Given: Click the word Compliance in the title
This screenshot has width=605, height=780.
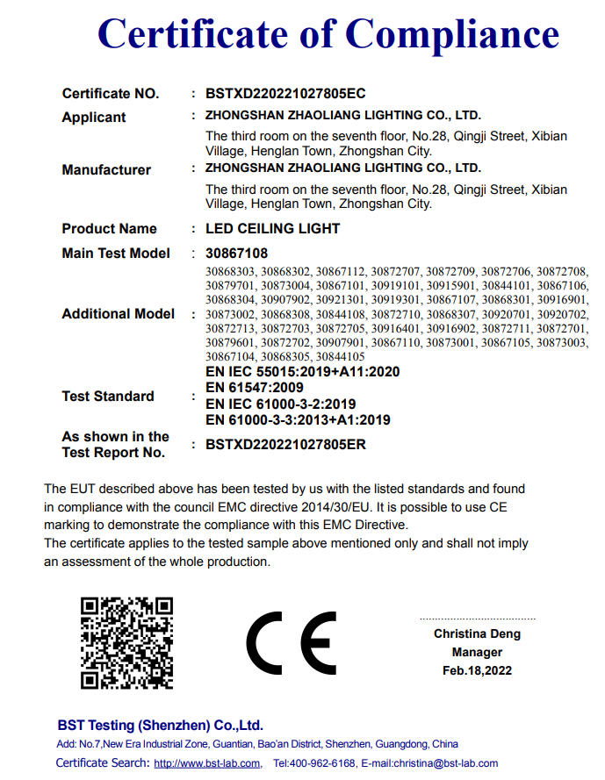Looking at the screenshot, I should click(x=451, y=34).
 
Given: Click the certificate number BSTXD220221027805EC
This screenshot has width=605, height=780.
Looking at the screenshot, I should click(x=285, y=93).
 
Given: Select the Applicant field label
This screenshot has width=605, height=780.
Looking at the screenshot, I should click(x=94, y=117).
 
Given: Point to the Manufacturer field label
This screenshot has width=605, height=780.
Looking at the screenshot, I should click(x=106, y=169).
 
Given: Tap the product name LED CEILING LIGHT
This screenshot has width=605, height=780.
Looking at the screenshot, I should click(x=272, y=228).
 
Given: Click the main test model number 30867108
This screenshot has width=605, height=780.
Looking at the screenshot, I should click(x=236, y=254).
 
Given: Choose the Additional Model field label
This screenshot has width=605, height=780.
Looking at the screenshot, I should click(x=119, y=313).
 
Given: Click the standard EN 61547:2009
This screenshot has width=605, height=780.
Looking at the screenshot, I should click(x=255, y=388).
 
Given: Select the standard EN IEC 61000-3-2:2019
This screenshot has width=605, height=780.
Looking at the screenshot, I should click(x=280, y=404).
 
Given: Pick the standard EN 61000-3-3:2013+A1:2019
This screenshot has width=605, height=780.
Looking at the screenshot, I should click(x=298, y=419).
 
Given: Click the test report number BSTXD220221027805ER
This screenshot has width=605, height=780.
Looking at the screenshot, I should click(x=285, y=444).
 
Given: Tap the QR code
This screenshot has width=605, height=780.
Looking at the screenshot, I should click(x=126, y=643).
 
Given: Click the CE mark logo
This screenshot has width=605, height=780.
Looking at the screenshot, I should click(x=291, y=641).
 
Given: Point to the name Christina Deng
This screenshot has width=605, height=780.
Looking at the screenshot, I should click(x=477, y=633).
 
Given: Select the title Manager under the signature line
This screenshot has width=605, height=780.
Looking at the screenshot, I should click(x=477, y=652).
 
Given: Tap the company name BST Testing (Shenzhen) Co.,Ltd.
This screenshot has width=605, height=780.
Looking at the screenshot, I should click(x=160, y=725).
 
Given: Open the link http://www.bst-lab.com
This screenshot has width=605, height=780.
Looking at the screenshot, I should click(x=207, y=763).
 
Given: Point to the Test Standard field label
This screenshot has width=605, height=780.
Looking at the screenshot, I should click(x=108, y=396).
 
